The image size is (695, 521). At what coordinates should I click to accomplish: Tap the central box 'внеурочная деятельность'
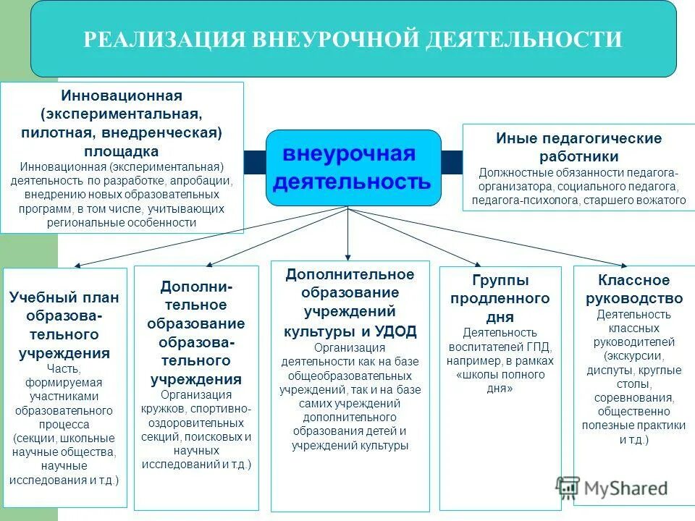pyautogui.click(x=353, y=168)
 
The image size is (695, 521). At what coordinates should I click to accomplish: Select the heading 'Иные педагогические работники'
pyautogui.click(x=578, y=147)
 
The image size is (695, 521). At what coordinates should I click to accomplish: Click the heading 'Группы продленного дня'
pyautogui.click(x=500, y=298)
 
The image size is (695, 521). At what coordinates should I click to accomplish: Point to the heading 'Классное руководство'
pyautogui.click(x=633, y=289)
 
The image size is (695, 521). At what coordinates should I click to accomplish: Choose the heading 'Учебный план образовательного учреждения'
pyautogui.click(x=64, y=325)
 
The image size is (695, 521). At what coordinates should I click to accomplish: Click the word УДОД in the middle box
pyautogui.click(x=396, y=331)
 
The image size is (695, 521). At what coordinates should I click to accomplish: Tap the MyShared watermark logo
pyautogui.click(x=612, y=488)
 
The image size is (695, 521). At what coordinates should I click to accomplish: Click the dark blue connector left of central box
pyautogui.click(x=255, y=162)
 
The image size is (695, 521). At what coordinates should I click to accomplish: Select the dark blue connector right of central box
pyautogui.click(x=452, y=162)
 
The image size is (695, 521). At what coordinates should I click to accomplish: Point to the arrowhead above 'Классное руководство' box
pyautogui.click(x=623, y=266)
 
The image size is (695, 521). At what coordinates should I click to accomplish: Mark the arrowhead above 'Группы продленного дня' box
pyautogui.click(x=477, y=265)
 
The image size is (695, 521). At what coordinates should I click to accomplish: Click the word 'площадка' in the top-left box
pyautogui.click(x=122, y=151)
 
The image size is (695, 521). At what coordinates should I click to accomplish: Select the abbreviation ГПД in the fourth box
pyautogui.click(x=539, y=347)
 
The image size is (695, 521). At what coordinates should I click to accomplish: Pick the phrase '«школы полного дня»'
pyautogui.click(x=500, y=381)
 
